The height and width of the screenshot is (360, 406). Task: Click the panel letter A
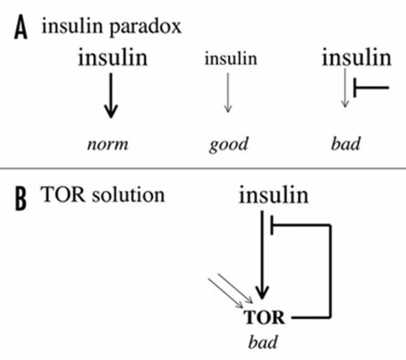21,27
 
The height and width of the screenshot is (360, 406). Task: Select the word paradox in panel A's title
145,27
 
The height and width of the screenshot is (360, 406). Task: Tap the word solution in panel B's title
128,194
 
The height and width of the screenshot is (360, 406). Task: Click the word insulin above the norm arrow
112,57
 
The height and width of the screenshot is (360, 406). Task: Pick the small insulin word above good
230,58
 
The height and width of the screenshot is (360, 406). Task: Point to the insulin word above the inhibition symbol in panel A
356,57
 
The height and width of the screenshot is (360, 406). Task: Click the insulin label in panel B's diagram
274,195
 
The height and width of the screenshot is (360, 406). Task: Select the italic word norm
108,145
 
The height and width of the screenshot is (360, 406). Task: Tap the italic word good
229,145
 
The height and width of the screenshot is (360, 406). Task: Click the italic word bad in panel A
346,144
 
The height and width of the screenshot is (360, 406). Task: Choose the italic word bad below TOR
263,342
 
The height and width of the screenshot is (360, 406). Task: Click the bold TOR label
264,318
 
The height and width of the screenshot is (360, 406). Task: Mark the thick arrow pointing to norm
111,96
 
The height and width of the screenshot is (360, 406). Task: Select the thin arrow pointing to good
228,93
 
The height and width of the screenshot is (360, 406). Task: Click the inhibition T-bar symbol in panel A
371,88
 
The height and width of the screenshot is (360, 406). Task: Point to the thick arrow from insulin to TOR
262,255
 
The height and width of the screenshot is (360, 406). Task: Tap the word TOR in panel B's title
63,194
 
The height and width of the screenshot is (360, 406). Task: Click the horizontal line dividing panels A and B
203,168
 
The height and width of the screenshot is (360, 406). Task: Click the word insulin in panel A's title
72,26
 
